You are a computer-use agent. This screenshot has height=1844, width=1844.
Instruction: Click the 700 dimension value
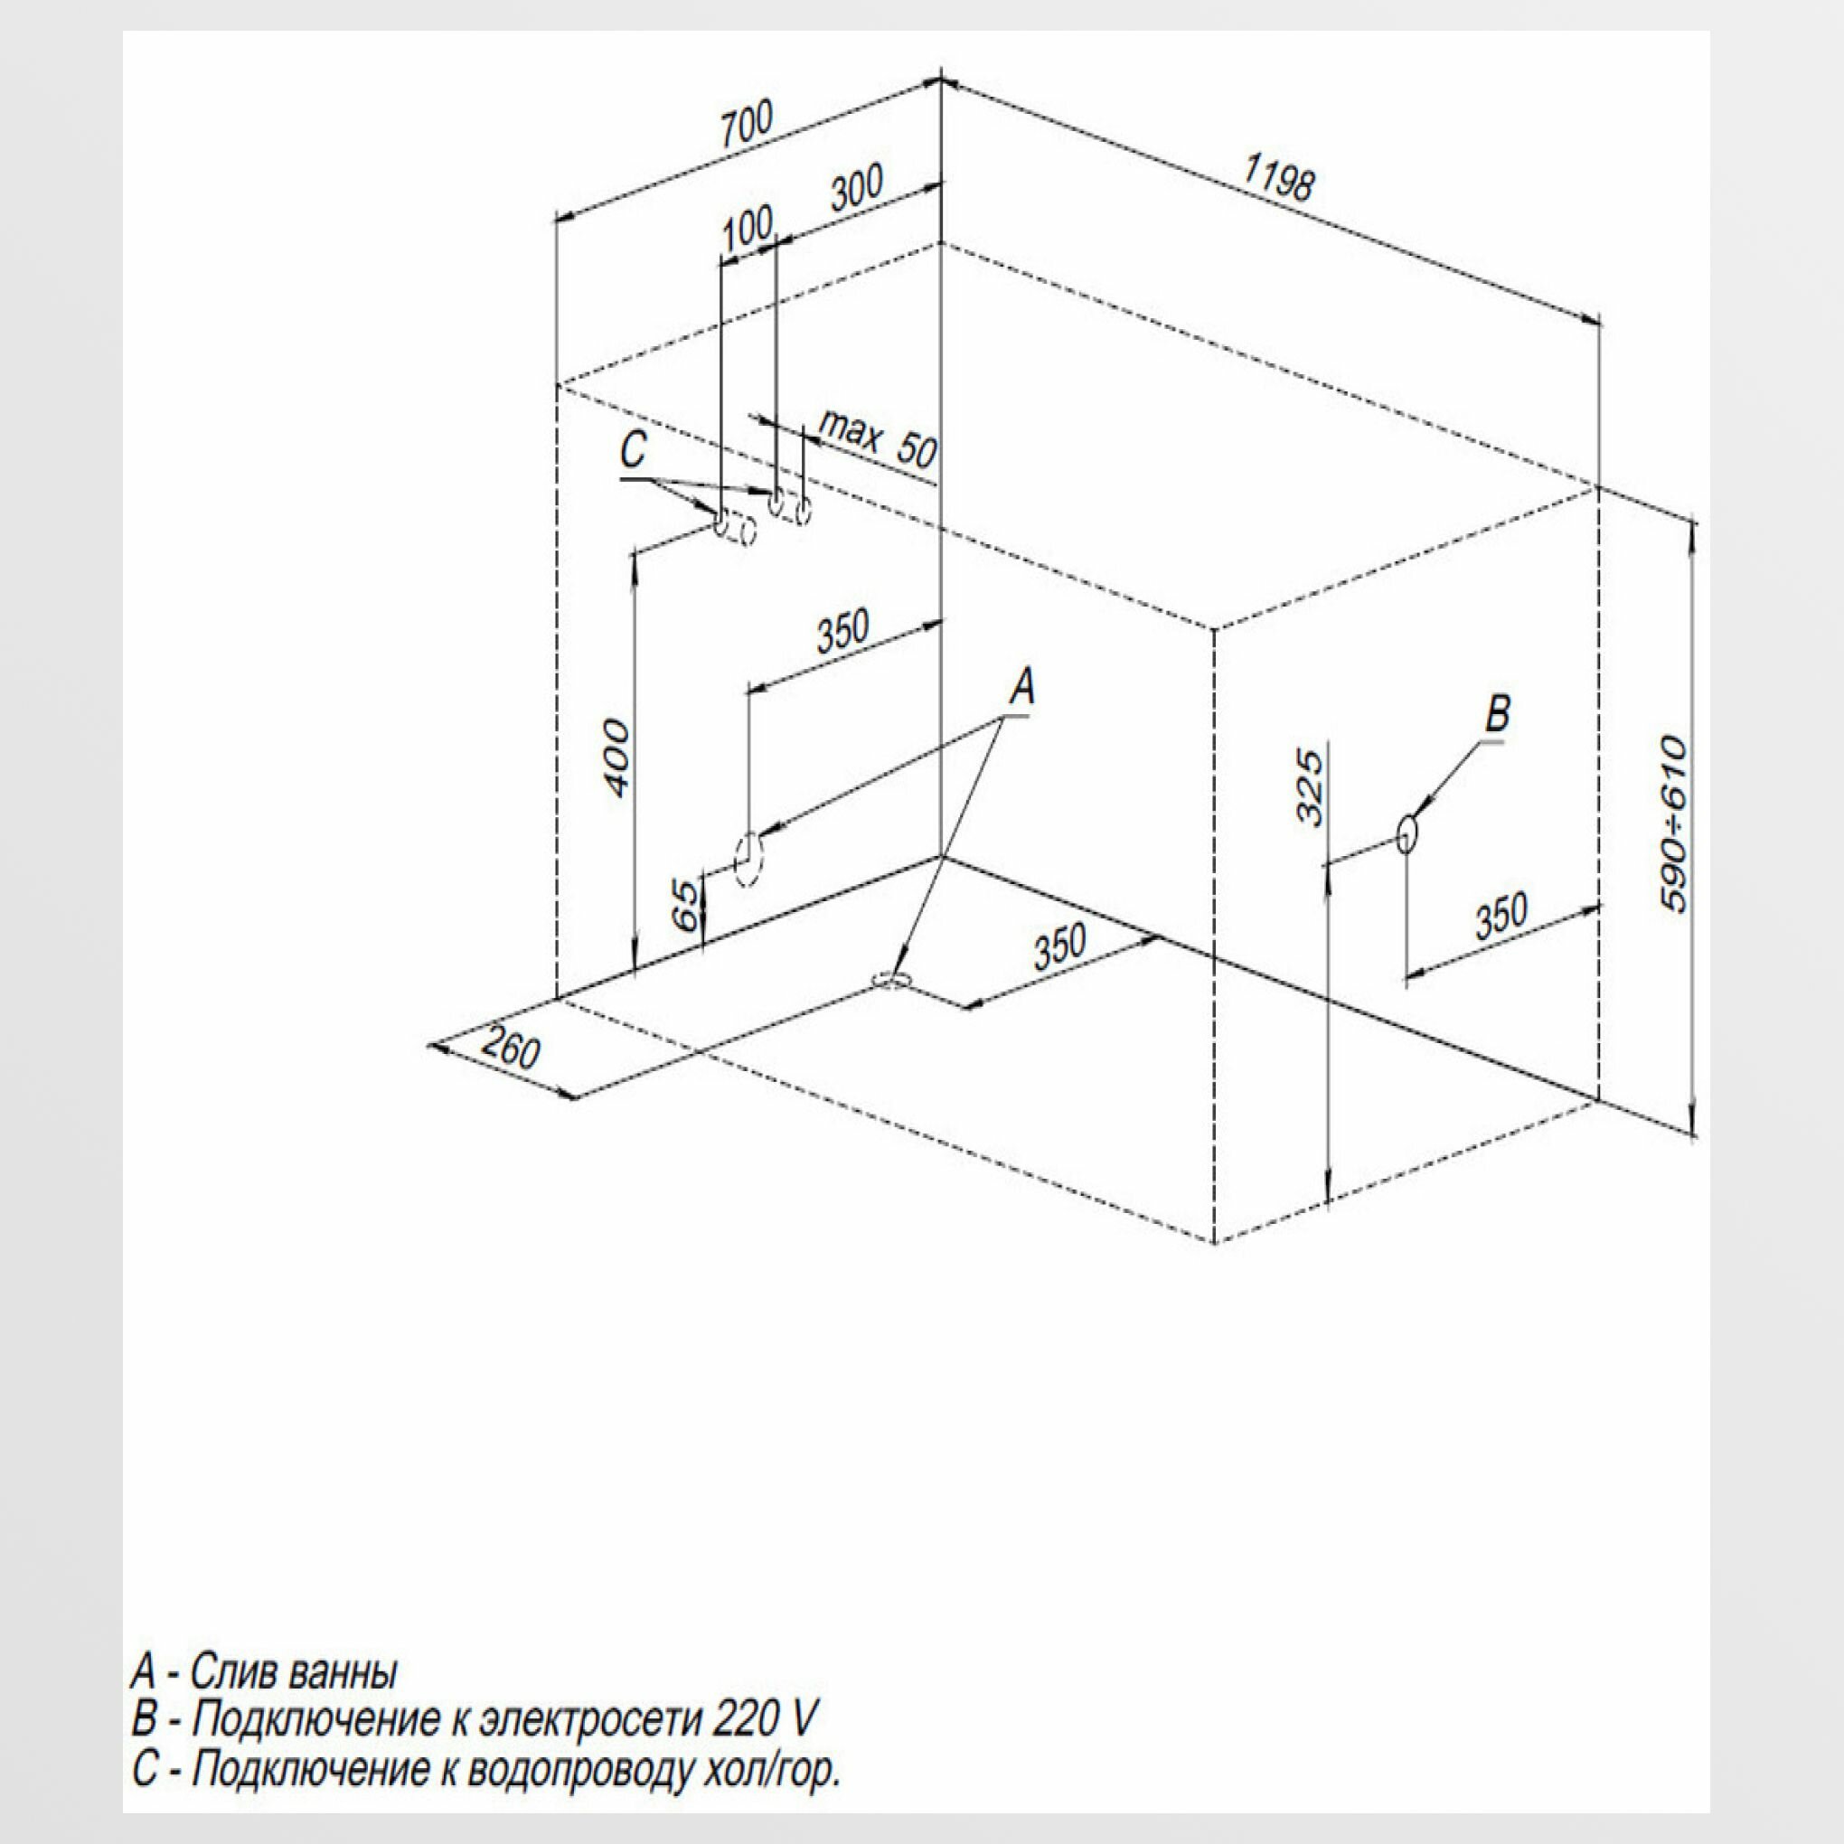pyautogui.click(x=746, y=123)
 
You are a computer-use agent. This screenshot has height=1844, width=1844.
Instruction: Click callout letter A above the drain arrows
pyautogui.click(x=1021, y=687)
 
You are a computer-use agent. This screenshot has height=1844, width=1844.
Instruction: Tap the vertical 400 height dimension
pyautogui.click(x=617, y=758)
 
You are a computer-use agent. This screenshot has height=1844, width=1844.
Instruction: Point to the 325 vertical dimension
pyautogui.click(x=1311, y=786)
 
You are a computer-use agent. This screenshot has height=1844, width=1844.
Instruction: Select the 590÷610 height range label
pyautogui.click(x=1675, y=823)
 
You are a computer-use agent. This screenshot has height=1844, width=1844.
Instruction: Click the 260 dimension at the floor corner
pyautogui.click(x=510, y=1049)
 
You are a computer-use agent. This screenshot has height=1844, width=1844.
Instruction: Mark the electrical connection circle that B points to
pyautogui.click(x=1407, y=834)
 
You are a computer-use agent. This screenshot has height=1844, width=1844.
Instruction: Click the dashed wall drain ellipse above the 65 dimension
pyautogui.click(x=749, y=859)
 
